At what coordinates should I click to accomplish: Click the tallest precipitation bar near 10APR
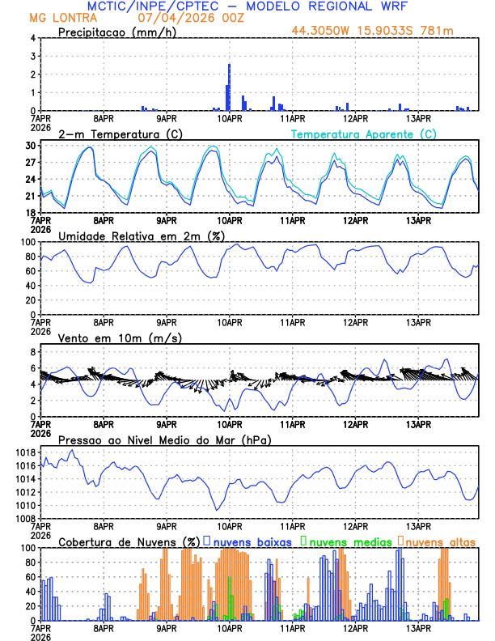[x=230, y=87]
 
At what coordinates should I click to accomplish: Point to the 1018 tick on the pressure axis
[x=26, y=452]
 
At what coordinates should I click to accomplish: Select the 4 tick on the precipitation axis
[x=33, y=38]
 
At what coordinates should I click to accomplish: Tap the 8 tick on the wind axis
[x=33, y=352]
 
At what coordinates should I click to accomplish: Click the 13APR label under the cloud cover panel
[x=417, y=628]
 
